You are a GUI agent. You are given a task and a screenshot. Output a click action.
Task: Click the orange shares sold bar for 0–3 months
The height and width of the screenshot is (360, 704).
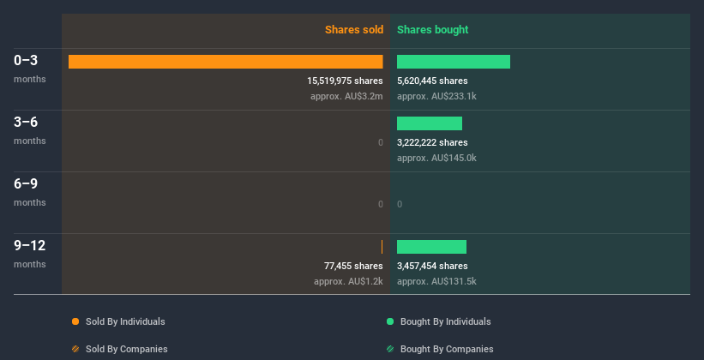pyautogui.click(x=226, y=62)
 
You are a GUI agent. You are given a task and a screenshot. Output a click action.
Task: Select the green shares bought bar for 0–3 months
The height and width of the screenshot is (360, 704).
pyautogui.click(x=454, y=62)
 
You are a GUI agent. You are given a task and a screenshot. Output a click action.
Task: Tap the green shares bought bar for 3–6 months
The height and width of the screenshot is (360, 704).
pyautogui.click(x=430, y=123)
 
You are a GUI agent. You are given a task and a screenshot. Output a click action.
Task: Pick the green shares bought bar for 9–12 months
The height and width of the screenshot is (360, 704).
pyautogui.click(x=431, y=247)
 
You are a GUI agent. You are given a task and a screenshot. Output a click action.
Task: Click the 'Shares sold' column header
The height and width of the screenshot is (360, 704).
pyautogui.click(x=353, y=30)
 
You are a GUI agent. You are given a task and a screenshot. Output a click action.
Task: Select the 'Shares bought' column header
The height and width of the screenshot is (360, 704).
pyautogui.click(x=432, y=30)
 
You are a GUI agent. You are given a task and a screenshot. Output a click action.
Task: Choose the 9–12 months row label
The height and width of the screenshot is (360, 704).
pyautogui.click(x=30, y=246)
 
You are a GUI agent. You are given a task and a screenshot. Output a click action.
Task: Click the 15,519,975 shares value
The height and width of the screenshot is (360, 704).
pyautogui.click(x=345, y=81)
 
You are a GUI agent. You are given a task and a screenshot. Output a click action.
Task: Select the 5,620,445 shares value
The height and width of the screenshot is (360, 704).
pyautogui.click(x=432, y=81)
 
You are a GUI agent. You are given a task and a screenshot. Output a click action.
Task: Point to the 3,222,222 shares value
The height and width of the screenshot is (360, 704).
pyautogui.click(x=432, y=142)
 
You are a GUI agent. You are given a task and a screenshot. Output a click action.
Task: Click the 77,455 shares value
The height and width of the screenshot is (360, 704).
pyautogui.click(x=353, y=266)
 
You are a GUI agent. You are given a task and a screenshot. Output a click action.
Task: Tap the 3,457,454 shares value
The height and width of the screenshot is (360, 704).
pyautogui.click(x=432, y=266)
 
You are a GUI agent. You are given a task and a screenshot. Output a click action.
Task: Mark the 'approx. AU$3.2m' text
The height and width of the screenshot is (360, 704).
pyautogui.click(x=346, y=96)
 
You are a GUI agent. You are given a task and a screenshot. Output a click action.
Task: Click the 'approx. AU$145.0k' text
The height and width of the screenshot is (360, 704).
pyautogui.click(x=436, y=158)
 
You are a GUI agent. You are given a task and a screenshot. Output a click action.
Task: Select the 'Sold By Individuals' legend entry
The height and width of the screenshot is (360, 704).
pyautogui.click(x=119, y=321)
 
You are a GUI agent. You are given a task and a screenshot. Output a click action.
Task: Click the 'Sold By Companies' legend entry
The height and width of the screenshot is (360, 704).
pyautogui.click(x=120, y=349)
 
